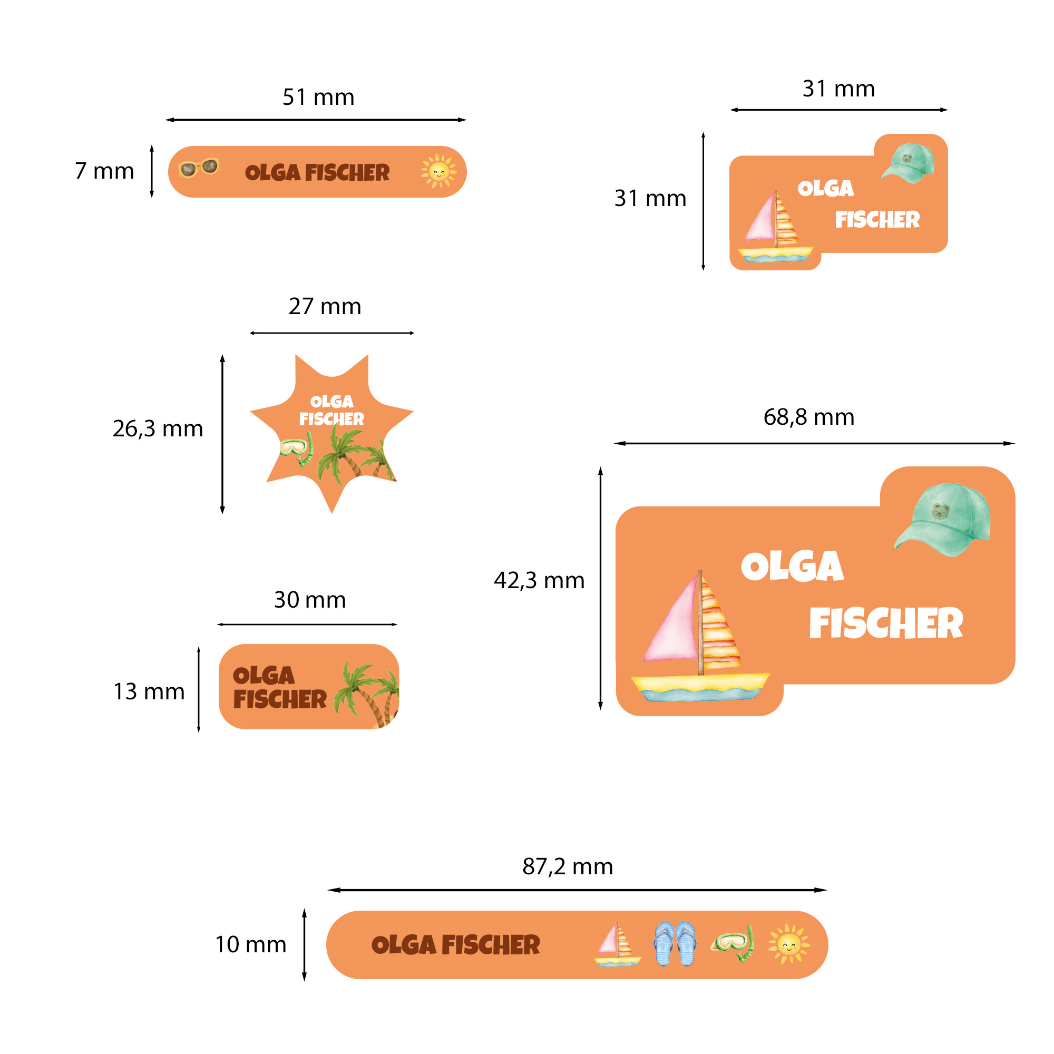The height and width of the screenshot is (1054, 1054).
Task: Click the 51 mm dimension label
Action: pyautogui.click(x=318, y=97)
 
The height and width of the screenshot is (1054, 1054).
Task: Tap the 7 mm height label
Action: pyautogui.click(x=104, y=171)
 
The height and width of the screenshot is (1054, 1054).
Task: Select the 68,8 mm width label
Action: pyautogui.click(x=808, y=417)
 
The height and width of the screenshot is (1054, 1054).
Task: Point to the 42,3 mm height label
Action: pyautogui.click(x=539, y=580)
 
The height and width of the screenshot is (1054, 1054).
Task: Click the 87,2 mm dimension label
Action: pyautogui.click(x=568, y=866)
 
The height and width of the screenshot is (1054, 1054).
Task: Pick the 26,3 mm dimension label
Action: pyautogui.click(x=158, y=429)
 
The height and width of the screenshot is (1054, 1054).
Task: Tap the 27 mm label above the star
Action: pyautogui.click(x=325, y=307)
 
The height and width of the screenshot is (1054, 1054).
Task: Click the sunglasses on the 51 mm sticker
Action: pyautogui.click(x=199, y=168)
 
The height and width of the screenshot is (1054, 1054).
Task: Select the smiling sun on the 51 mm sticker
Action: pyautogui.click(x=438, y=171)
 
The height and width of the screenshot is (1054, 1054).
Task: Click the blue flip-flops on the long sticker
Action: pyautogui.click(x=675, y=944)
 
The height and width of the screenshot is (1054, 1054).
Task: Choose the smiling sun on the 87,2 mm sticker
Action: pyautogui.click(x=789, y=944)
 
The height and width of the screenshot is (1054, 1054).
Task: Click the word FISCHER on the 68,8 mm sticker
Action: pyautogui.click(x=886, y=623)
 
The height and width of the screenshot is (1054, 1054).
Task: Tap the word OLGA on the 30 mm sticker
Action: pyautogui.click(x=263, y=676)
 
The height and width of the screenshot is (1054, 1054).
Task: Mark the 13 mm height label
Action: pyautogui.click(x=149, y=692)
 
